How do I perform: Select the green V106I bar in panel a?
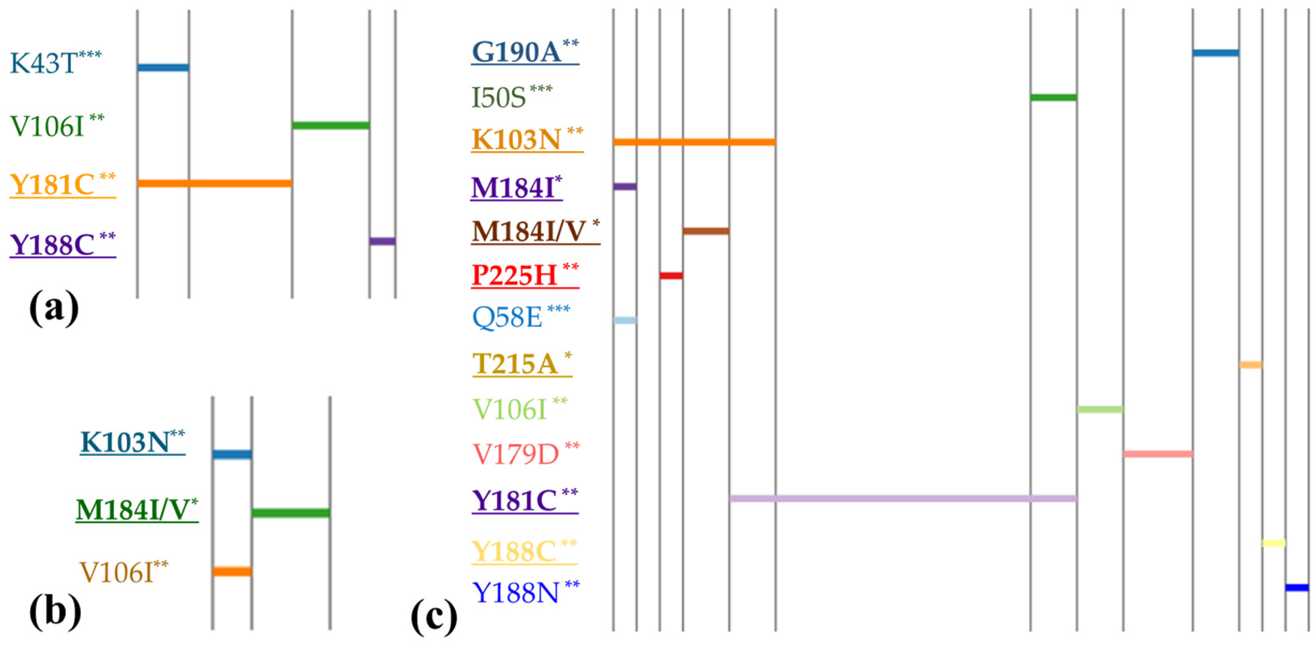[331, 125]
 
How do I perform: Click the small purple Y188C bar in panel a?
[382, 241]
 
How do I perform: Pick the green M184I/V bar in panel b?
[291, 513]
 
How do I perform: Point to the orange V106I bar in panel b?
[232, 572]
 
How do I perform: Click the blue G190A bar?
[1216, 53]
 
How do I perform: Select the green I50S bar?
[1053, 97]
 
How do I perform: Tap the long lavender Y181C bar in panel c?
[903, 498]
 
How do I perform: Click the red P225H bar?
[671, 276]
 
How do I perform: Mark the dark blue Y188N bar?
[1297, 587]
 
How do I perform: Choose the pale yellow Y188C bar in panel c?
[1273, 543]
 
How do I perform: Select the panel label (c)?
[434, 617]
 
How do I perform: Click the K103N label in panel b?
[132, 442]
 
